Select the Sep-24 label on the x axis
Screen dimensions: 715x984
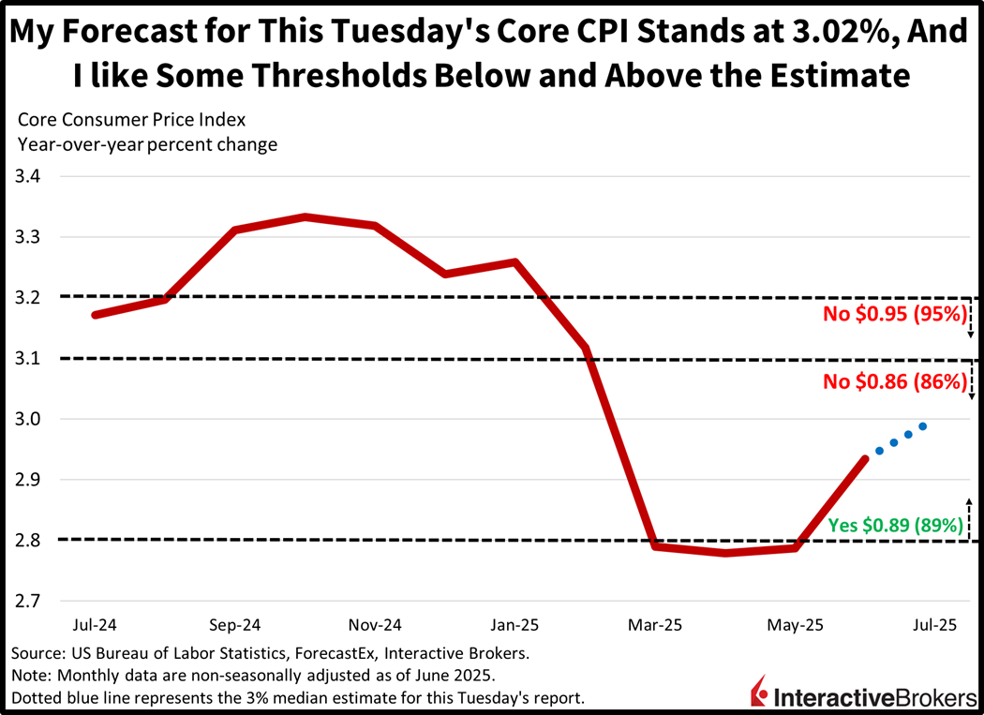235,625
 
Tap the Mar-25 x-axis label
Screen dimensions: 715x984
655,625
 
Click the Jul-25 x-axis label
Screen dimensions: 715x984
934,625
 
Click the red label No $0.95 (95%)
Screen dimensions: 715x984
893,315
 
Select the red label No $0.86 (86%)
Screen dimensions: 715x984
893,381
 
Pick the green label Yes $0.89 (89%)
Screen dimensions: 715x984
896,526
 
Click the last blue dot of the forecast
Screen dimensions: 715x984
923,426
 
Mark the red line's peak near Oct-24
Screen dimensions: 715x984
306,217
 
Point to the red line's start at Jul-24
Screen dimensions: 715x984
95,315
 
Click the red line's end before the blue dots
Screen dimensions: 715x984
864,458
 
